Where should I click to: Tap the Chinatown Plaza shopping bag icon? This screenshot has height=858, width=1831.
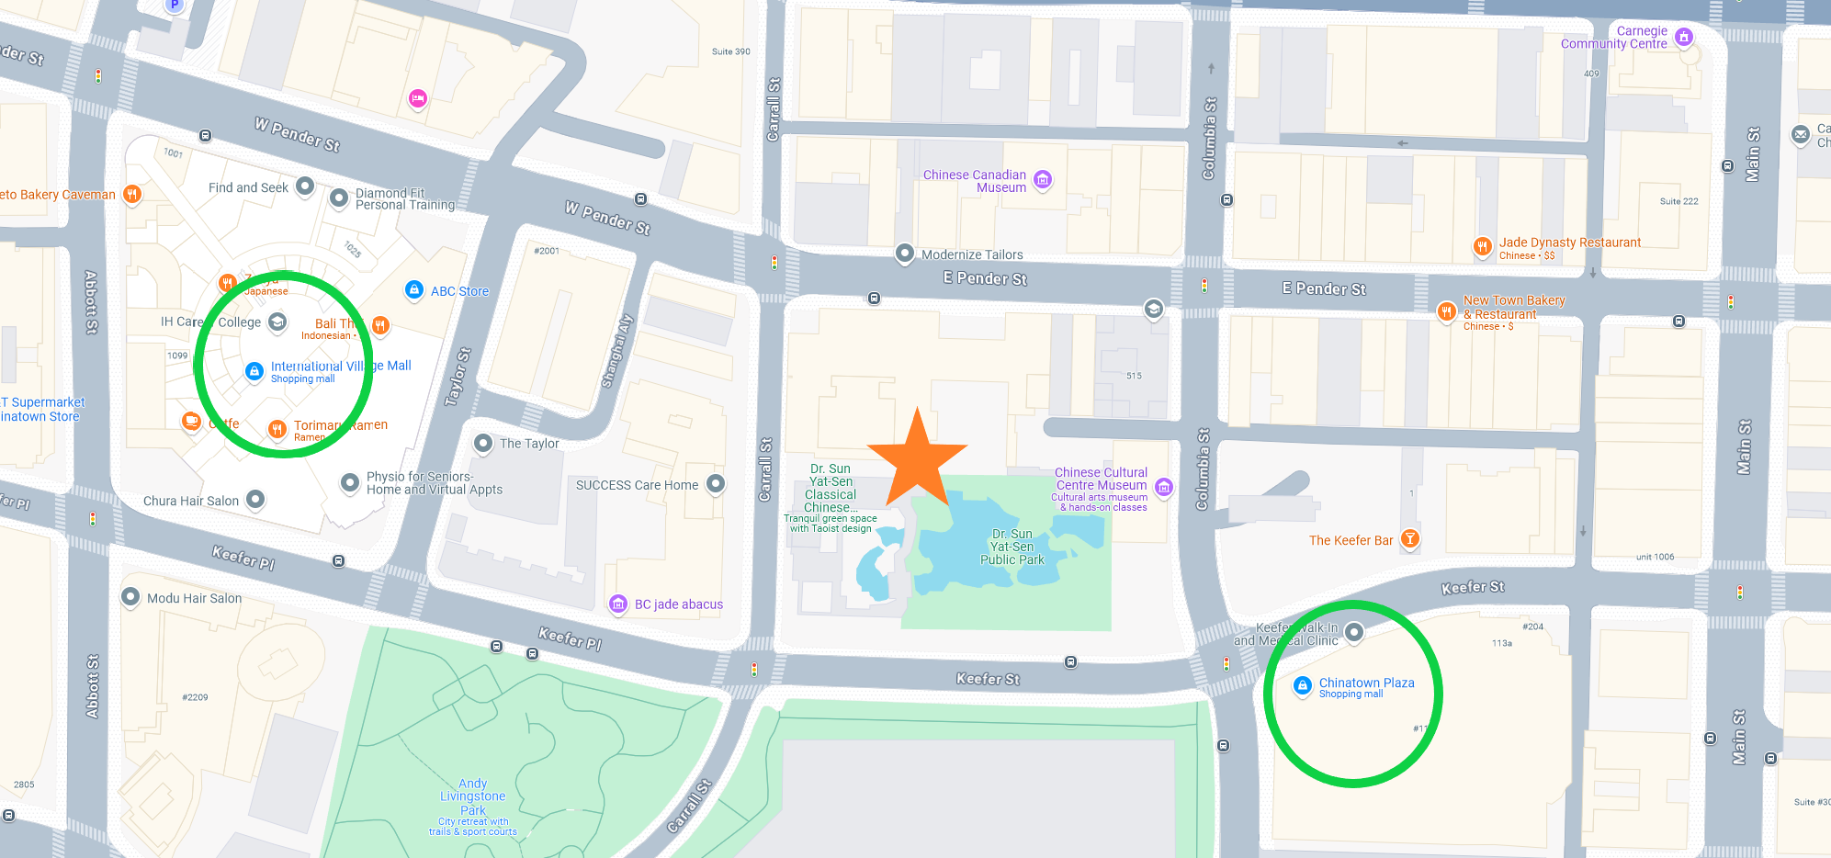click(1302, 685)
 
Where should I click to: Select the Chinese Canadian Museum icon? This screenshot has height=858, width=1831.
click(1043, 180)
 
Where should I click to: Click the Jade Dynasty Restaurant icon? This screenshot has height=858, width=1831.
click(1482, 245)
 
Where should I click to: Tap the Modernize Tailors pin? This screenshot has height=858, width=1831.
click(905, 254)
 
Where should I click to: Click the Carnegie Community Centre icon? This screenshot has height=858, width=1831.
click(1684, 37)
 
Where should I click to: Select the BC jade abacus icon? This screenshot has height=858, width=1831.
click(618, 604)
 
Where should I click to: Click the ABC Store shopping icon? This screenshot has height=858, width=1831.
click(414, 290)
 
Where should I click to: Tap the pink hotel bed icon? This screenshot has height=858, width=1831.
click(418, 98)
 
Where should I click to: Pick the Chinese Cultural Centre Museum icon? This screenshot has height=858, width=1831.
click(1164, 487)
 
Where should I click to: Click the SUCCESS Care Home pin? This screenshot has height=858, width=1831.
click(716, 484)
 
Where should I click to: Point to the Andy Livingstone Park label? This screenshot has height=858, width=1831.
click(472, 796)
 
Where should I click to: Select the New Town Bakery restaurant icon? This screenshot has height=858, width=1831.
click(1447, 311)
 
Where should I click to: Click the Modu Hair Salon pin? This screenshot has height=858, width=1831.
click(130, 597)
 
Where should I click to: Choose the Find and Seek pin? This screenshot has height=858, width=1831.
click(305, 186)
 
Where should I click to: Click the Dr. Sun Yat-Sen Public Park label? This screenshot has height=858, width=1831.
click(1012, 547)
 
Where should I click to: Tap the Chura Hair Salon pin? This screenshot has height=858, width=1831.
click(256, 499)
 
